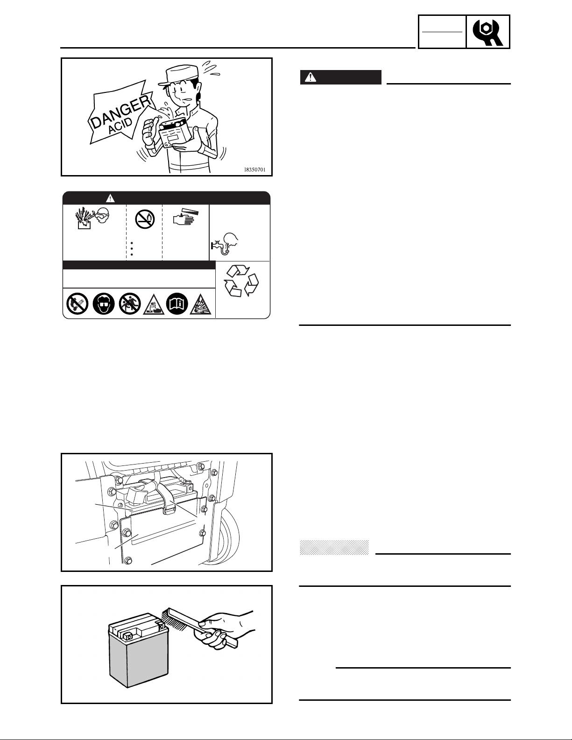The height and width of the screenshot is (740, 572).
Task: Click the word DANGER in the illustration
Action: [x=121, y=112]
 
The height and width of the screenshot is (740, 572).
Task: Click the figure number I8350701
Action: [x=254, y=169]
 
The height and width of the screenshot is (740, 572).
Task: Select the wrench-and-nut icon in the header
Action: [x=488, y=32]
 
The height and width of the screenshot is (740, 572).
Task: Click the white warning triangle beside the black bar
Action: [x=310, y=78]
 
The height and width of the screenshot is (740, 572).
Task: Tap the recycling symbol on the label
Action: [x=241, y=281]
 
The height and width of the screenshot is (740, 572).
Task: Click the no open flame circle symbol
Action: [x=145, y=219]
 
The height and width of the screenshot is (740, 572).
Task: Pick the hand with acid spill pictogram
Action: [x=185, y=218]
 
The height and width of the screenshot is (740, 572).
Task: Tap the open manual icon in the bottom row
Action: [x=177, y=303]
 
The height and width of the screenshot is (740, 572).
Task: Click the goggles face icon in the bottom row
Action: [x=104, y=303]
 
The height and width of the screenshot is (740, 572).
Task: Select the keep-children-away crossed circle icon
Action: [x=130, y=303]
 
